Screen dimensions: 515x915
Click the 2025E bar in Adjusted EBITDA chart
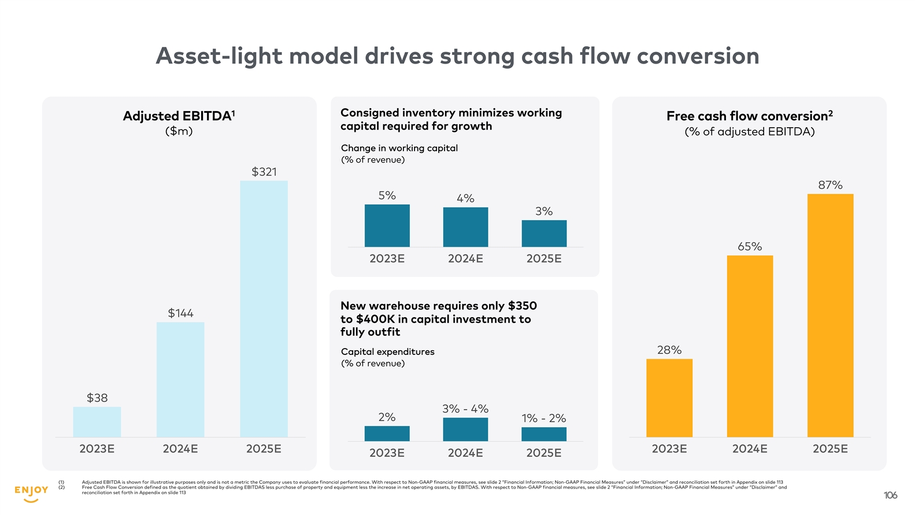[264, 309]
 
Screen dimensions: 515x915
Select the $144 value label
[180, 313]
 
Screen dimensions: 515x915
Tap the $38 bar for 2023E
[97, 422]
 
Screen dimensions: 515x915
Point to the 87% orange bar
[830, 315]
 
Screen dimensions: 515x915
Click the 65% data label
[750, 247]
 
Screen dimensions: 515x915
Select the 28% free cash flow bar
[669, 398]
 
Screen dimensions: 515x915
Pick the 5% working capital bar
[387, 225]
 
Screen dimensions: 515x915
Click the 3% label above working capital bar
[544, 212]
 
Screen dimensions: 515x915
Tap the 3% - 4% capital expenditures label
[465, 409]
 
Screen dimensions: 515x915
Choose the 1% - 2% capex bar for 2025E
[544, 434]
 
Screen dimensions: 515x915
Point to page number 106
[890, 495]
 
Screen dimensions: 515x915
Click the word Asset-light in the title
[219, 57]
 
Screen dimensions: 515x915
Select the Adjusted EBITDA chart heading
[179, 116]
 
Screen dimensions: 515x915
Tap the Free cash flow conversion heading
[749, 116]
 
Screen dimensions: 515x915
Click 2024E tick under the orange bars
[750, 449]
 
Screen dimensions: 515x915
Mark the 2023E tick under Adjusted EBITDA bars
[97, 449]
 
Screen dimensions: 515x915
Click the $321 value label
[264, 172]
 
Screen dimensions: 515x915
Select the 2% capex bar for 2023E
[387, 434]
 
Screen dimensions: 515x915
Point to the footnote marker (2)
[61, 487]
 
